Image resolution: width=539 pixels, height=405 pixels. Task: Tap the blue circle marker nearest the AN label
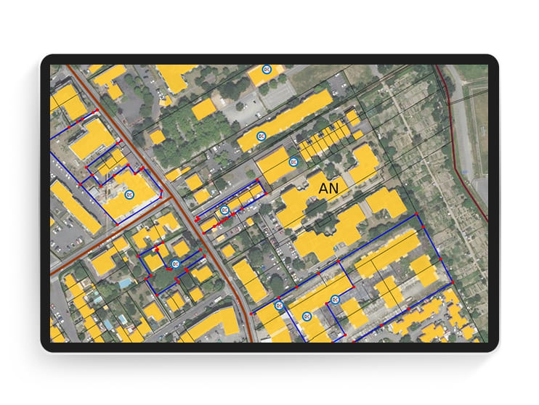pyautogui.click(x=293, y=161)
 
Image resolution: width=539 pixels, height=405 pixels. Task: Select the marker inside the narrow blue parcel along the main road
pyautogui.click(x=224, y=209)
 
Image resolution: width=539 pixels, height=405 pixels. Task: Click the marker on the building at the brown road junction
pyautogui.click(x=130, y=195)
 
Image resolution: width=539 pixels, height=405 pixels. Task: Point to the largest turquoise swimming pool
pyautogui.click(x=126, y=281)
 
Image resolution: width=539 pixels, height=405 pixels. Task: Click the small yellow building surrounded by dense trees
pyautogui.click(x=157, y=137)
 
